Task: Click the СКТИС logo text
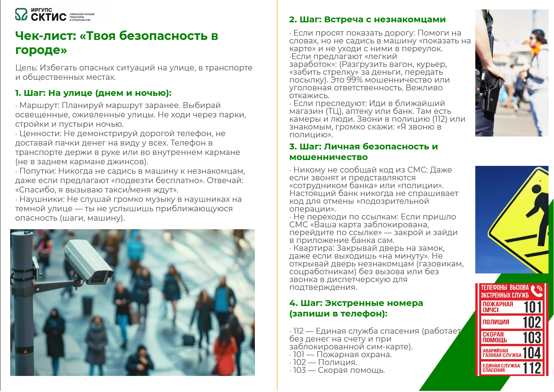tap(48, 17)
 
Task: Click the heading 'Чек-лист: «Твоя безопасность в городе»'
tap(116, 43)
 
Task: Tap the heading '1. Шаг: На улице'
tap(93, 93)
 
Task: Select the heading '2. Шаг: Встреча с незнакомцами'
tap(367, 20)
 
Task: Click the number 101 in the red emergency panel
tap(532, 307)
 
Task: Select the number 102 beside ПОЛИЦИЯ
tap(532, 322)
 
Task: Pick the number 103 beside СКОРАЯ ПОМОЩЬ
tap(532, 338)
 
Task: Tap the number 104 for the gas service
tap(532, 353)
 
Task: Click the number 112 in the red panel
tap(532, 368)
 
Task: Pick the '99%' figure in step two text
tap(354, 80)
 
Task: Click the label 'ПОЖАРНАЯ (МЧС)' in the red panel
tap(498, 307)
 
